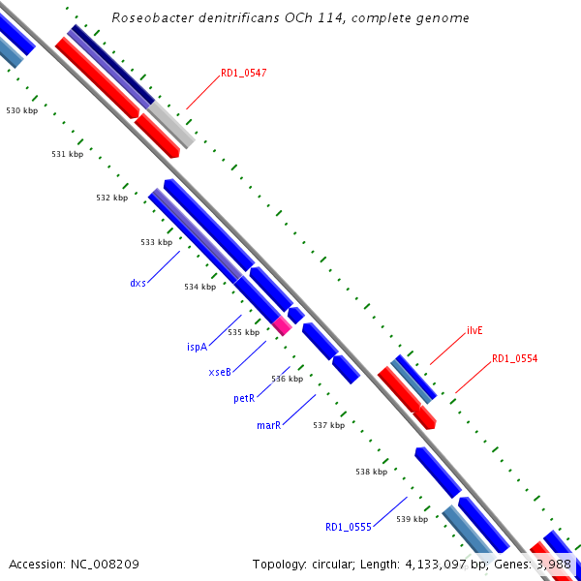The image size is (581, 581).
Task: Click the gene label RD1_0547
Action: pyautogui.click(x=243, y=73)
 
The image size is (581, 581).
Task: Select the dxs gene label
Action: pyautogui.click(x=138, y=283)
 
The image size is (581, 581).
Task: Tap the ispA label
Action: pyautogui.click(x=198, y=347)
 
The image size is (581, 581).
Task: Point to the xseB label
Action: pyautogui.click(x=220, y=372)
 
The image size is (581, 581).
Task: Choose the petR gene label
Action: pyautogui.click(x=244, y=398)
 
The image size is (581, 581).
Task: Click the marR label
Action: pyautogui.click(x=268, y=424)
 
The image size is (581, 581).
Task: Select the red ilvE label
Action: pyautogui.click(x=474, y=330)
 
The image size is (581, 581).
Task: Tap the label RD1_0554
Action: pyautogui.click(x=514, y=358)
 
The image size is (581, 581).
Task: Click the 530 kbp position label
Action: pyautogui.click(x=21, y=111)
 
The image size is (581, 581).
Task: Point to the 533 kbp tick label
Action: pyautogui.click(x=156, y=242)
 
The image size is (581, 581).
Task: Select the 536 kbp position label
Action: pyautogui.click(x=287, y=379)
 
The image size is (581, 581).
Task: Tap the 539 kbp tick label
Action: pyautogui.click(x=412, y=519)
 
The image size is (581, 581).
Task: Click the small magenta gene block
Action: pyautogui.click(x=282, y=325)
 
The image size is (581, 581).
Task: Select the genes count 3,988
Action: pyautogui.click(x=553, y=564)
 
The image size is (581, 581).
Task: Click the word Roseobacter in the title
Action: pyautogui.click(x=149, y=17)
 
